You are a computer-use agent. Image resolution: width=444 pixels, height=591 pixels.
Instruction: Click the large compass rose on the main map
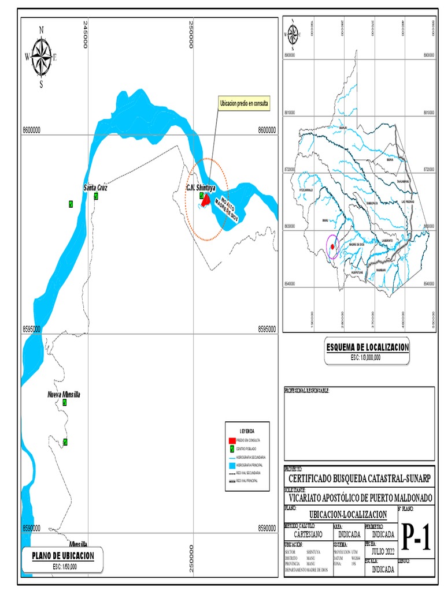pos(41,57)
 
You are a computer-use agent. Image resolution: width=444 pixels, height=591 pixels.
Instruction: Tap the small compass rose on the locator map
pos(292,33)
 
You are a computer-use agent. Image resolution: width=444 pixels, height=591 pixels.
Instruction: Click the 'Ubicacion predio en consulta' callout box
pos(244,104)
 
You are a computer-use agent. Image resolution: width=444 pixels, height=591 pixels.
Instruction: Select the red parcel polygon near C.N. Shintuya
pos(206,200)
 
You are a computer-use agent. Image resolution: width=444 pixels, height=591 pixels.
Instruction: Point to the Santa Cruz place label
pos(95,188)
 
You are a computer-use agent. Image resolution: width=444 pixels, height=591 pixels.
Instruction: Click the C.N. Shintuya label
pos(201,188)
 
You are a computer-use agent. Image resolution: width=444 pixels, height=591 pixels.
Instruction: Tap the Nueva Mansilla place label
pos(64,394)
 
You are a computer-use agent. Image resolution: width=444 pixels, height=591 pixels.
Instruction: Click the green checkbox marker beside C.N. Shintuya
pos(201,196)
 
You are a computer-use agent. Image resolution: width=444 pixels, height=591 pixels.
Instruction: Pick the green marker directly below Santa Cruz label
pos(96,196)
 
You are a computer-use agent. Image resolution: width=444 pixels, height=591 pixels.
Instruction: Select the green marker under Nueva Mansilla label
pos(65,403)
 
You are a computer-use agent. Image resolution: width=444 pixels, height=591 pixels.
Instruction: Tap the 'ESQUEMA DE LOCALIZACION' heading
pos(368,347)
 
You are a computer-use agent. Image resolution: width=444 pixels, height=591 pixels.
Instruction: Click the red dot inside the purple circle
pos(333,248)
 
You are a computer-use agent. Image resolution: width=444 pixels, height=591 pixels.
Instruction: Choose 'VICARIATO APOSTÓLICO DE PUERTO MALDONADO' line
pos(359,498)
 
